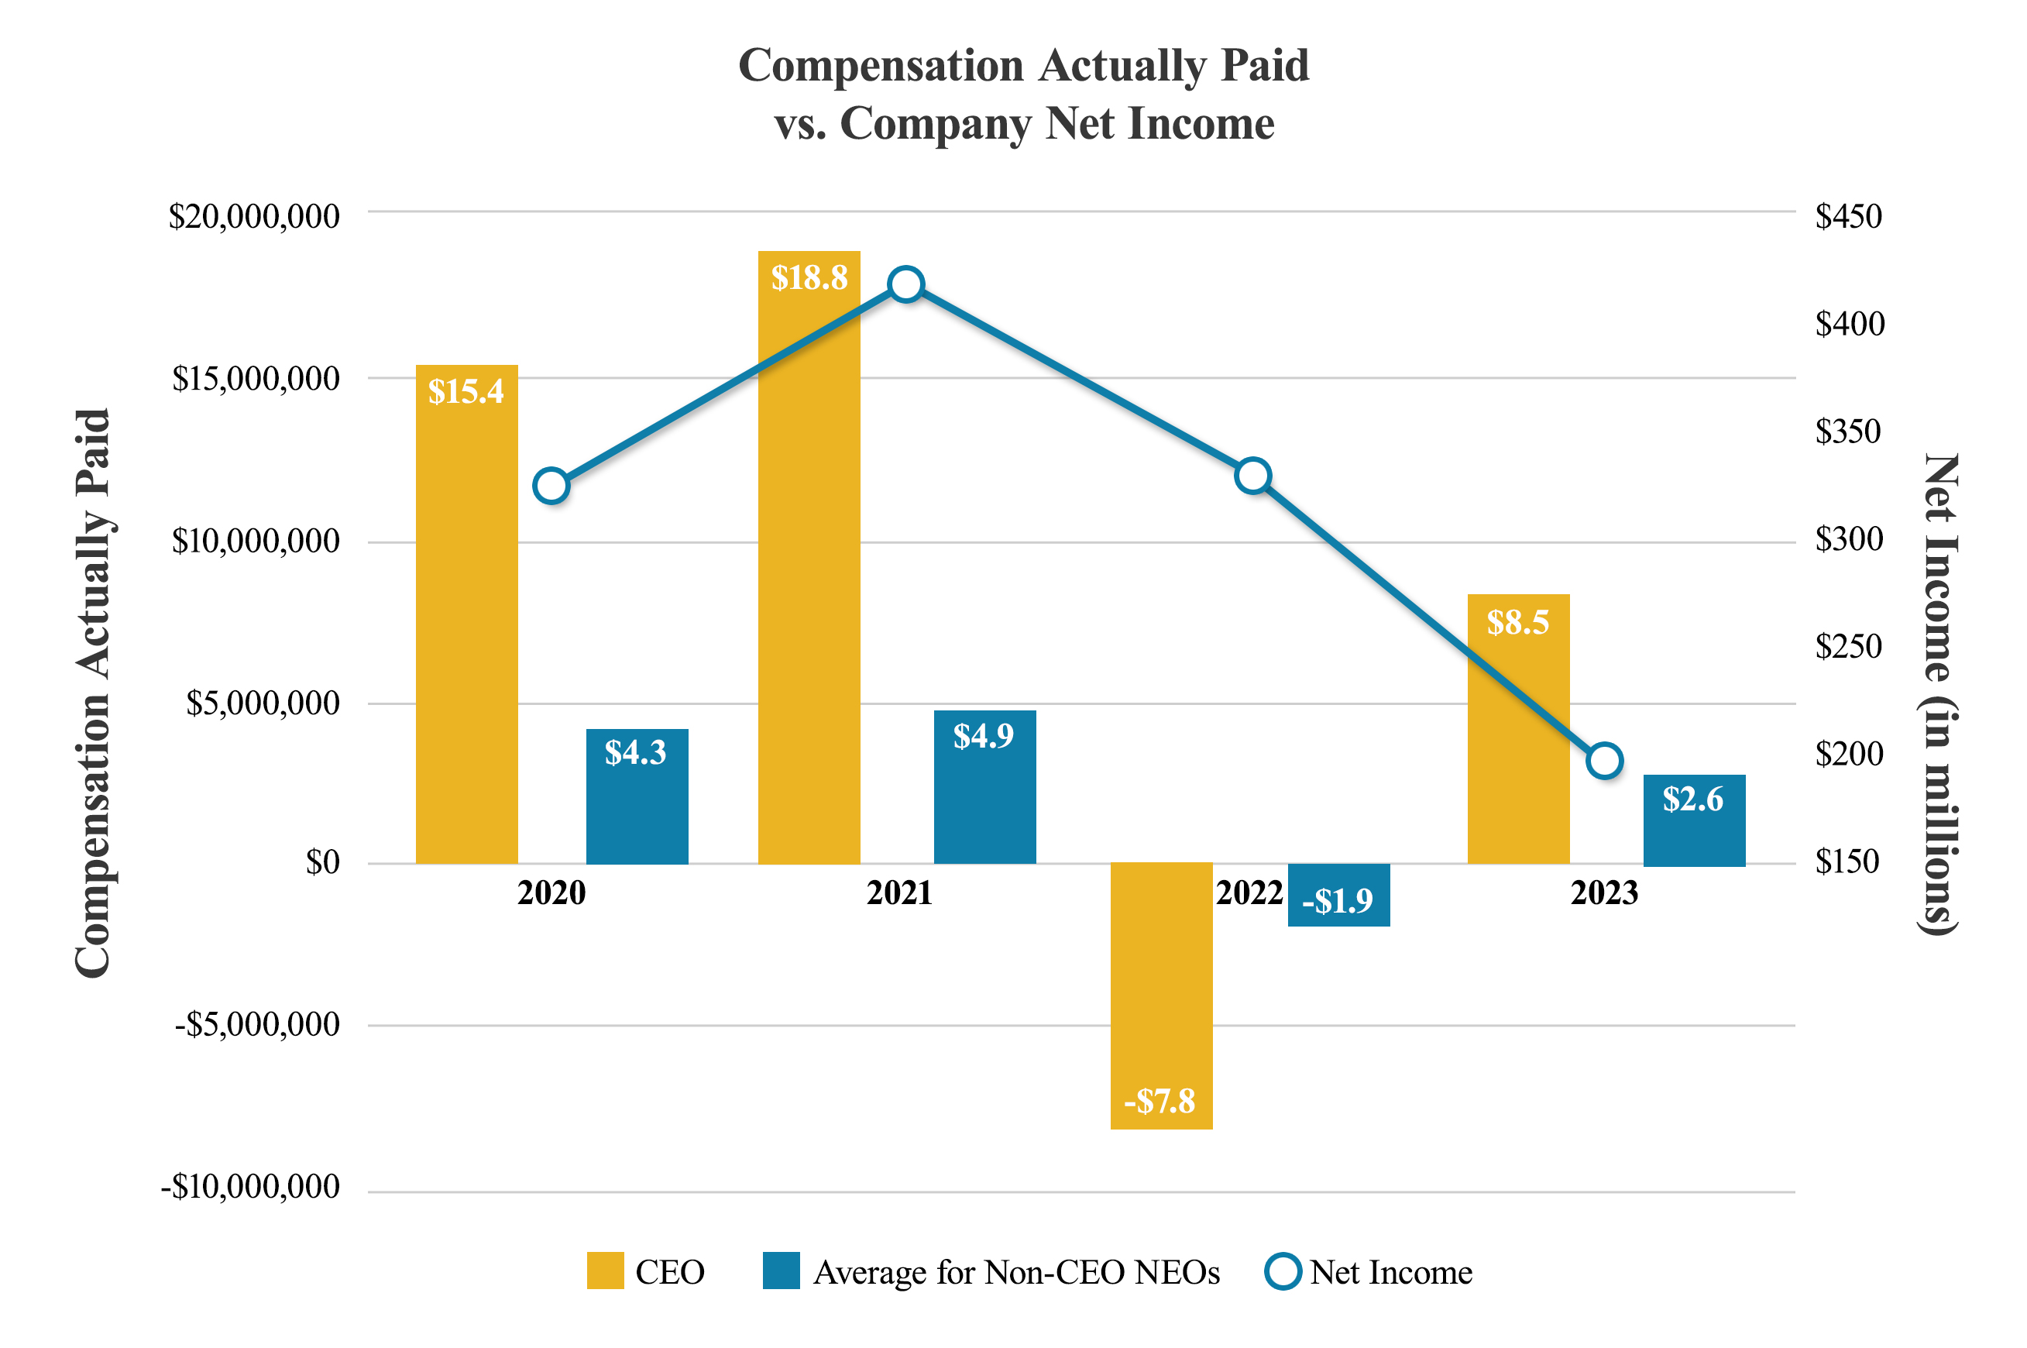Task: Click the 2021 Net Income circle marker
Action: point(905,284)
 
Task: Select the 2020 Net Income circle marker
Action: point(551,486)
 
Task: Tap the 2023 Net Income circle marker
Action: point(1603,760)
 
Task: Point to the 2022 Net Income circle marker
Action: point(1252,476)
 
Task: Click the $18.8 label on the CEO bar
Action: point(809,277)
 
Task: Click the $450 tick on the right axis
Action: point(1847,216)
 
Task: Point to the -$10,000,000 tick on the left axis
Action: point(250,1186)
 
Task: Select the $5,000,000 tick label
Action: point(263,703)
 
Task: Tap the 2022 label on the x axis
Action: point(1249,893)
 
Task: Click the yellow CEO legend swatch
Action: point(605,1271)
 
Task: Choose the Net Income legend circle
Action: point(1282,1271)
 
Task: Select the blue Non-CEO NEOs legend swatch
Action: point(780,1271)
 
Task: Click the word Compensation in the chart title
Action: point(881,66)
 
